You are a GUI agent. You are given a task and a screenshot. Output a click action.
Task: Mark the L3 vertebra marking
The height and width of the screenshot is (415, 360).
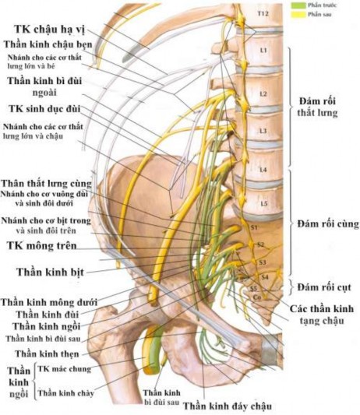[x=263, y=130]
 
